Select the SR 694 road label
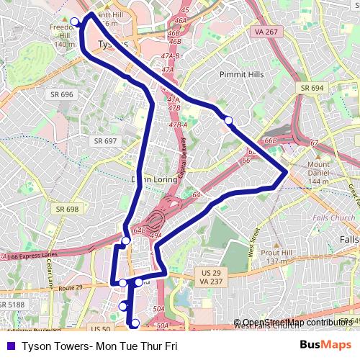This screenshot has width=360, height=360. click(x=312, y=87)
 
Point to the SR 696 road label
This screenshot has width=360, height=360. click(x=62, y=94)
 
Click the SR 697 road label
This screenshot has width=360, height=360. click(x=104, y=141)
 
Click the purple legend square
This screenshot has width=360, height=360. click(x=9, y=346)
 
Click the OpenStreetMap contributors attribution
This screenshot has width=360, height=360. click(x=295, y=323)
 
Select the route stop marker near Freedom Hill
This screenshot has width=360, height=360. click(x=74, y=21)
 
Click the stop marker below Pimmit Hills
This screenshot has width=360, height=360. click(x=228, y=120)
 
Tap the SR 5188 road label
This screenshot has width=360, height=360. click(x=12, y=305)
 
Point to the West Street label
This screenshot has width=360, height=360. click(x=254, y=239)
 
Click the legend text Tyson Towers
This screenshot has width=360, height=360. click(x=99, y=346)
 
